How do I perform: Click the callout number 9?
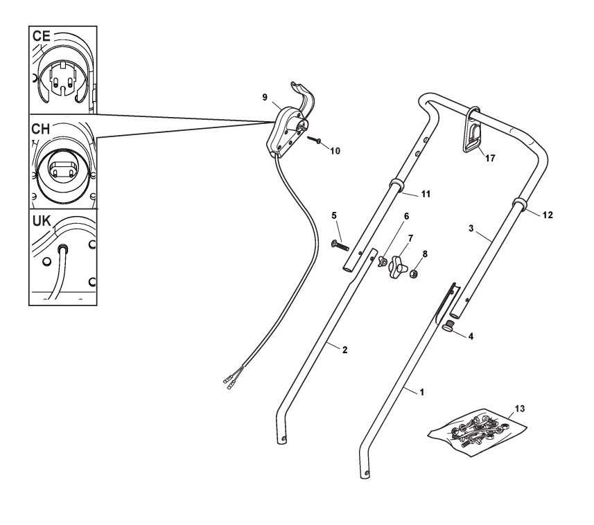coord(265,98)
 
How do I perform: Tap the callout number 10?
coord(335,150)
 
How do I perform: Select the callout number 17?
coord(490,158)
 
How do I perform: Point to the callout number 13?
coord(520,409)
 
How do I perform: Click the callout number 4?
coord(471,337)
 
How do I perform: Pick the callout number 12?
coord(548,215)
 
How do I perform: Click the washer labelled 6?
coord(381,260)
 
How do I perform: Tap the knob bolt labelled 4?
coord(450,327)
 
